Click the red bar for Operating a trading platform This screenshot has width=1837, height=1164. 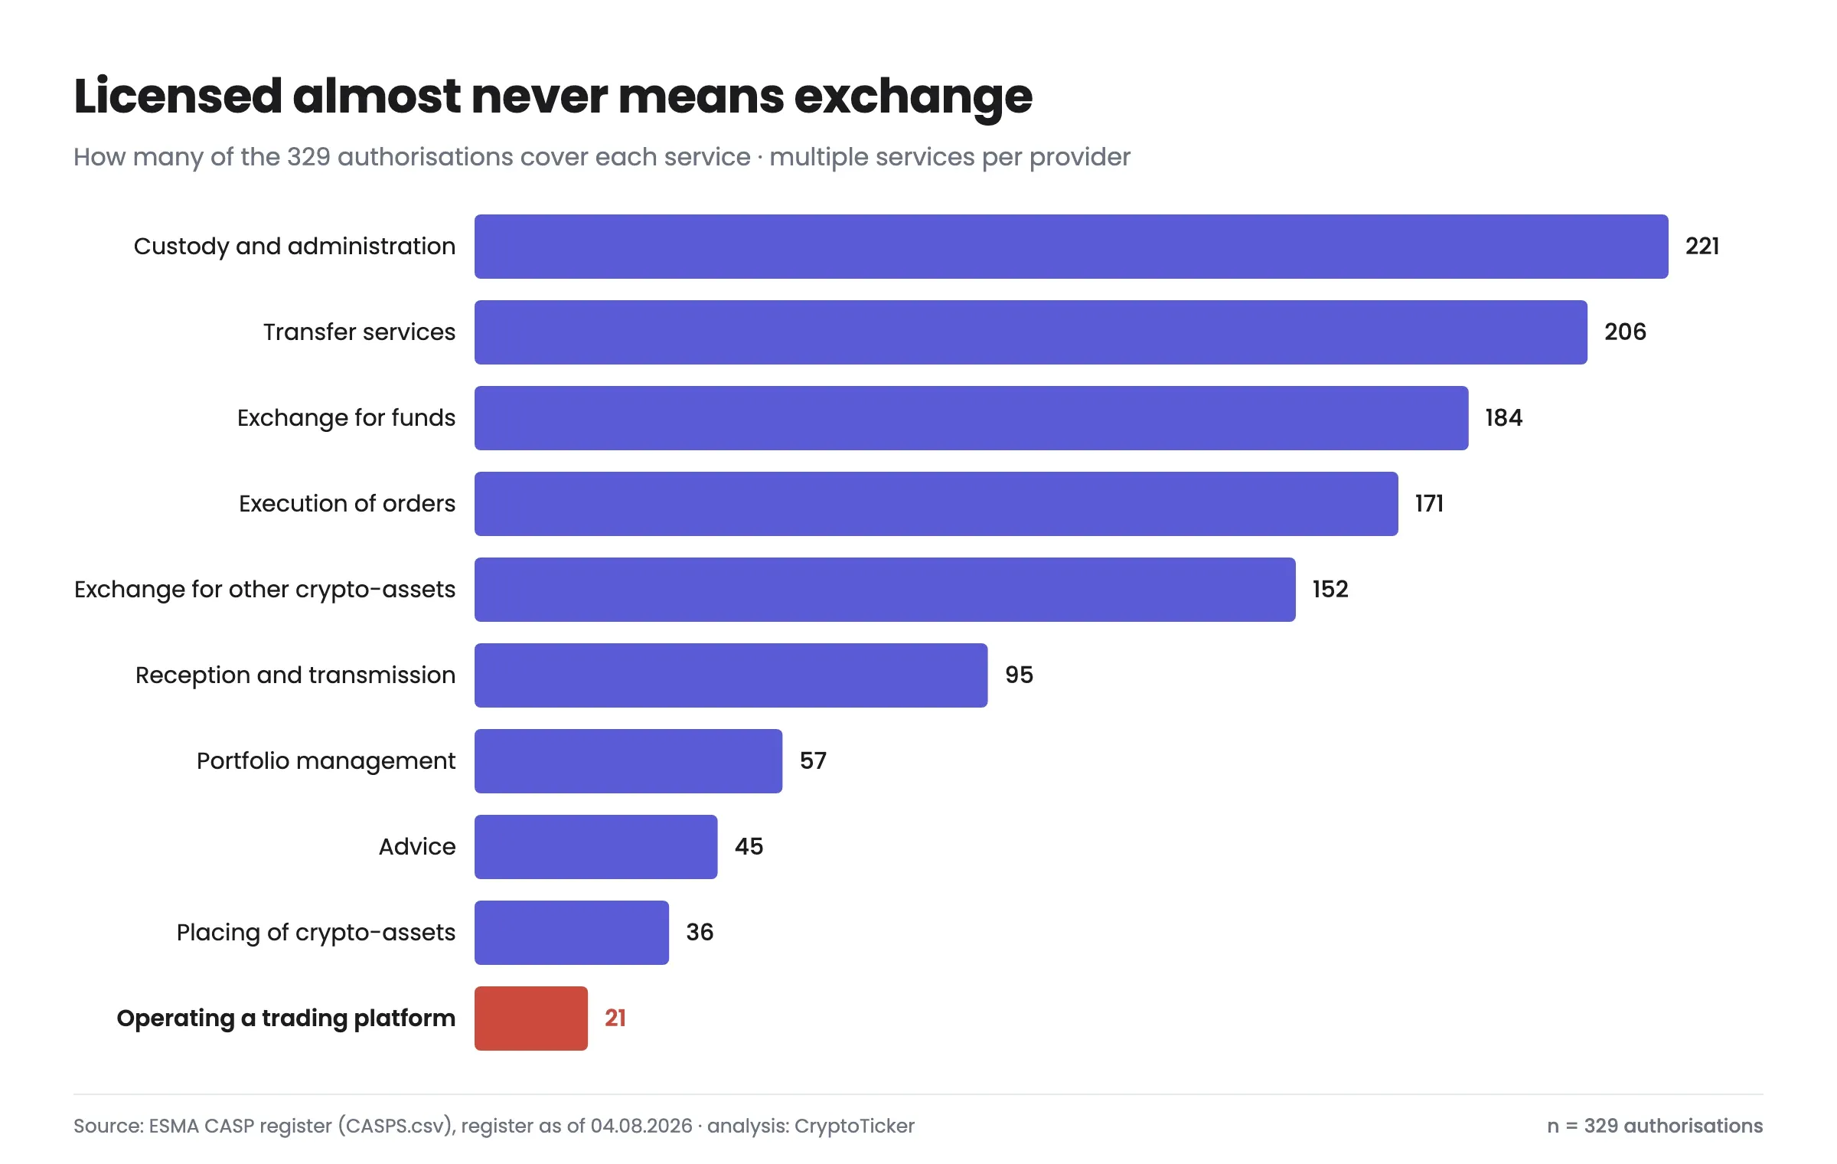pyautogui.click(x=531, y=1018)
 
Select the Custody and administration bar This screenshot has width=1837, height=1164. pyautogui.click(x=1071, y=246)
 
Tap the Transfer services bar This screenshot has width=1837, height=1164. pyautogui.click(x=1030, y=332)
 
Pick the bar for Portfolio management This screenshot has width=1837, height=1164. pyautogui.click(x=628, y=760)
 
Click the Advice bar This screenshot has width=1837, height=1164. pyautogui.click(x=595, y=846)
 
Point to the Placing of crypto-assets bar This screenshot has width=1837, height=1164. pyautogui.click(x=571, y=932)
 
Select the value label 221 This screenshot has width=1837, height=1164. pyautogui.click(x=1702, y=246)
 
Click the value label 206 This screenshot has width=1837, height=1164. pyautogui.click(x=1625, y=332)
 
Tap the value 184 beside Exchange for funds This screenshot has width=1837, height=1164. pyautogui.click(x=1504, y=417)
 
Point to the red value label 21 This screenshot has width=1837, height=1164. pyautogui.click(x=615, y=1018)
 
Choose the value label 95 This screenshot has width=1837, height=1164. pyautogui.click(x=1019, y=675)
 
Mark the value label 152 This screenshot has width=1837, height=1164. pyautogui.click(x=1330, y=589)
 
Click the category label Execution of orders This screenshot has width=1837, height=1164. pyautogui.click(x=347, y=503)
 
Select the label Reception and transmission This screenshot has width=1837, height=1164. pyautogui.click(x=295, y=675)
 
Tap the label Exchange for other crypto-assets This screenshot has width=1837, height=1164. pyautogui.click(x=265, y=590)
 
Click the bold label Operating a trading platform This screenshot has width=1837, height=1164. pyautogui.click(x=286, y=1019)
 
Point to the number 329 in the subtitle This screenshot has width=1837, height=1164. pyautogui.click(x=308, y=156)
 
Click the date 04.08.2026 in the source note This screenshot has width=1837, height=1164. pyautogui.click(x=641, y=1126)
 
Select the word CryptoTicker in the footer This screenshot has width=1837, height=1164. pyautogui.click(x=854, y=1126)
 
